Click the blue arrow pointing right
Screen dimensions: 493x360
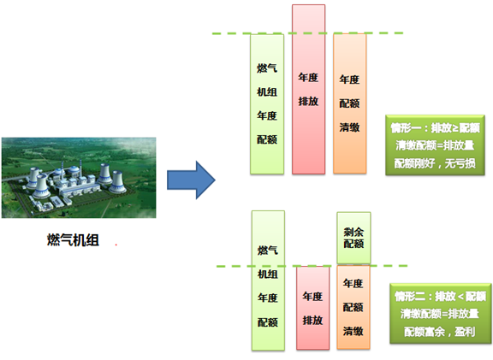[x=191, y=180]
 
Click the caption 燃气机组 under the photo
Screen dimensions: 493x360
[x=73, y=240]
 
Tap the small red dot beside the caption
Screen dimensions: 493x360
[x=116, y=244]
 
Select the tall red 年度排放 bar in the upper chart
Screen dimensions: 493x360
[x=308, y=89]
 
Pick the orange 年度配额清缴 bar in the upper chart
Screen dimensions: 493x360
[x=349, y=103]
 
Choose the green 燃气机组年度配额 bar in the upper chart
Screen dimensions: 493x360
[x=267, y=104]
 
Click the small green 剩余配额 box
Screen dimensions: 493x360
[x=353, y=238]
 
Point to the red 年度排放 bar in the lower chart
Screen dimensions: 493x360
[x=313, y=308]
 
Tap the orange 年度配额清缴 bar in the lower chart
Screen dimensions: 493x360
[x=353, y=307]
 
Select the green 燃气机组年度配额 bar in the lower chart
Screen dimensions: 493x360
[x=268, y=280]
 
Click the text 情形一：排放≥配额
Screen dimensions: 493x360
[x=435, y=128]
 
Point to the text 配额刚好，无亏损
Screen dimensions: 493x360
[x=435, y=163]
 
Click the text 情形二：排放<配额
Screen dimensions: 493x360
[x=441, y=296]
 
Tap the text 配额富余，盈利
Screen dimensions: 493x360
[x=440, y=332]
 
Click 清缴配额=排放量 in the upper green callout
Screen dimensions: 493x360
[x=435, y=145]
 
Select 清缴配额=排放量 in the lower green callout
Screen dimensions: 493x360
[x=440, y=314]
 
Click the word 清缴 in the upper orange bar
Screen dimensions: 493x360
[x=349, y=127]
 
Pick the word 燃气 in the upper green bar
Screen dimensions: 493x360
[x=267, y=68]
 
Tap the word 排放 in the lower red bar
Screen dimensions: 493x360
[x=313, y=321]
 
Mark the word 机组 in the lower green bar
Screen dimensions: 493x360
[x=268, y=274]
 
